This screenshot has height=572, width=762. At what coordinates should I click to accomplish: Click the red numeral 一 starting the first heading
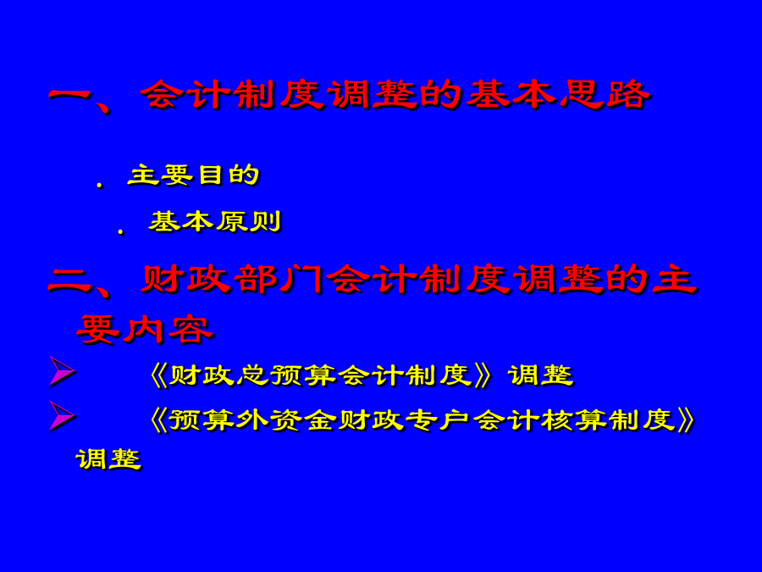pos(71,94)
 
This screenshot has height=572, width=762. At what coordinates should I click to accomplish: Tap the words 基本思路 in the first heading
pos(559,94)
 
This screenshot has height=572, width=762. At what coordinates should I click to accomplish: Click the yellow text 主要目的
pos(193,175)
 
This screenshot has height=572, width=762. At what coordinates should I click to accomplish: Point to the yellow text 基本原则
pos(215,222)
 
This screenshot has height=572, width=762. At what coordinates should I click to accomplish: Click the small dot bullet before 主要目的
pos(100,185)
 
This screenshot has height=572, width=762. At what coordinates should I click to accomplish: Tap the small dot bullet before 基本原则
pos(120,231)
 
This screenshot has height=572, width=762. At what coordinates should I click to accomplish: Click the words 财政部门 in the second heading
pos(232,280)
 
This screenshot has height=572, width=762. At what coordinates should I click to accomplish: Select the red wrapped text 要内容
pos(145,330)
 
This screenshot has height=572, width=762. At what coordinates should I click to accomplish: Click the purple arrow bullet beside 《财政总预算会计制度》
pos(62,372)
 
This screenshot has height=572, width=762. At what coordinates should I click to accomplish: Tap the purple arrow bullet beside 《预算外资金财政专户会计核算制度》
pos(62,416)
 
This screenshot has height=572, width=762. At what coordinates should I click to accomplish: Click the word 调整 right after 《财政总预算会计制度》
pos(541,375)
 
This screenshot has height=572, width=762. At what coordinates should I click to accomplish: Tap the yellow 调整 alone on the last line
pos(108,459)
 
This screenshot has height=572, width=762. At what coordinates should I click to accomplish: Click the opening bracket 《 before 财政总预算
pos(158,375)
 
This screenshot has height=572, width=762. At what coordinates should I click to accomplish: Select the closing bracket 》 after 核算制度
pos(686,420)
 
